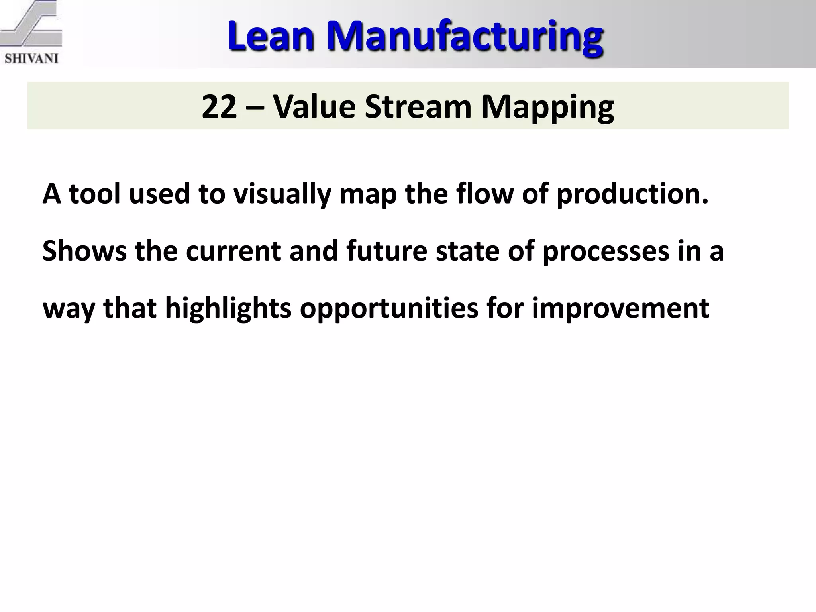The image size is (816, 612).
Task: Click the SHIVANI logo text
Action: [x=31, y=59]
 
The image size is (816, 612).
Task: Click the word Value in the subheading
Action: [x=314, y=107]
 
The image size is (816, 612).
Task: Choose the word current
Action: [x=233, y=252]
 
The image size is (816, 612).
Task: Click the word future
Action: [x=386, y=252]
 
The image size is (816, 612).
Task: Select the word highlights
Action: [x=228, y=309]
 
